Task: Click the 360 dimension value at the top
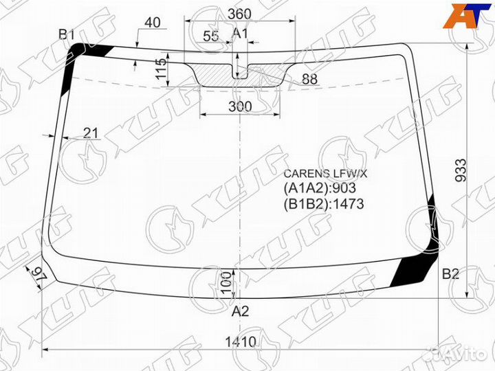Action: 240,14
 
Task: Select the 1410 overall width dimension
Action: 241,342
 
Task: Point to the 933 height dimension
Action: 461,170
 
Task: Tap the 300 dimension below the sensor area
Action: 240,106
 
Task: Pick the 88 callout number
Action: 309,79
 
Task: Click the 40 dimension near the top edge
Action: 153,23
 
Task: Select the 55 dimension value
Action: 211,36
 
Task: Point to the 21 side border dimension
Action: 91,133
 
